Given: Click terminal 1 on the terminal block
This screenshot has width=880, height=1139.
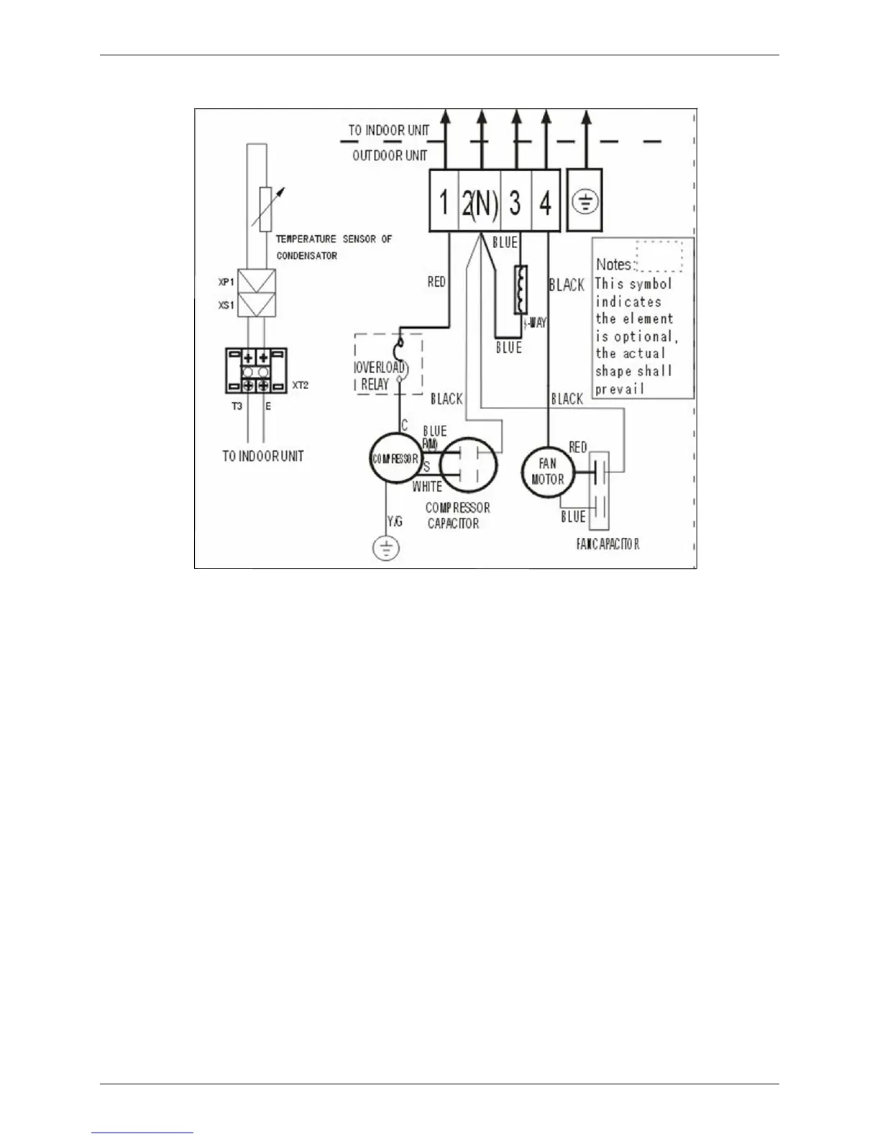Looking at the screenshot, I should coord(444,202).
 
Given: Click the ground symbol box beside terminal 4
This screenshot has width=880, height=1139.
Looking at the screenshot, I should coord(585,201).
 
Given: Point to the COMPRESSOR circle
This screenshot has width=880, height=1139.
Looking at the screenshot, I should coord(395,458).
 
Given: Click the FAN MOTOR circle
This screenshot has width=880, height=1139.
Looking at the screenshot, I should coord(547,472).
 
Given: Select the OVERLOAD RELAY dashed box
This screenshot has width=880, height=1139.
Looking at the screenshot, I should coord(388,364).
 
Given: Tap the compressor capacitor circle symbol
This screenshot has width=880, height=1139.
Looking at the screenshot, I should coord(468,464).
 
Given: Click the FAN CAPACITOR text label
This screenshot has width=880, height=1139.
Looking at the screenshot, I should coord(608,544).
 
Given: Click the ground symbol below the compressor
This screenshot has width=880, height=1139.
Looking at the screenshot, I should coord(387,549).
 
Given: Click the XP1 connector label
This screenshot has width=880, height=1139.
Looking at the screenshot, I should coord(226,282).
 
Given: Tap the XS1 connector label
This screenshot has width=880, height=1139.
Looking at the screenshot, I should coord(226,305).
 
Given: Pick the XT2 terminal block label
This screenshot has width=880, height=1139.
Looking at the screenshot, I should coord(300,385).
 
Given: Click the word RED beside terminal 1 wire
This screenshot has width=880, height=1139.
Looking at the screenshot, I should coord(436,282).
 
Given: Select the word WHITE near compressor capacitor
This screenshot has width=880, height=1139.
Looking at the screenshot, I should coord(427,487).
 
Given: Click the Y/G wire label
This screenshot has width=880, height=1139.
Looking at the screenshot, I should coord(395,521).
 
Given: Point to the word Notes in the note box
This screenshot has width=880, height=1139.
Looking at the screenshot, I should coord(613,265).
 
